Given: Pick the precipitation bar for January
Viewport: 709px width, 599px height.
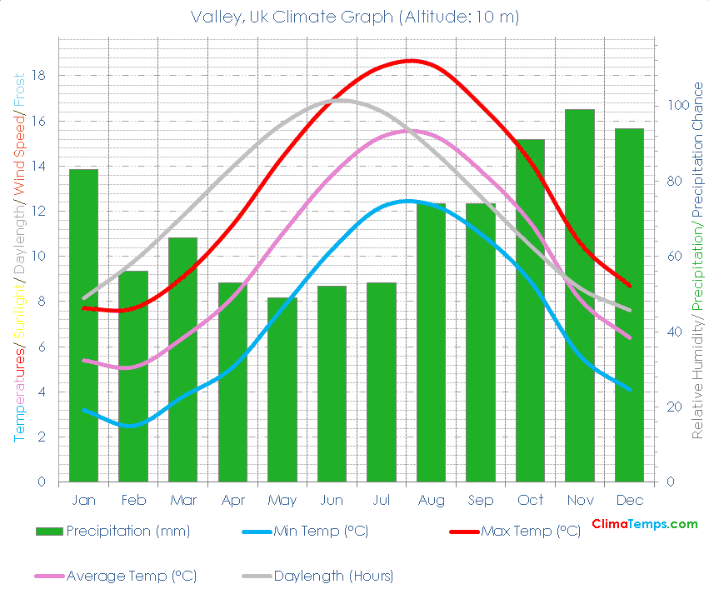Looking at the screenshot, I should coord(83,325).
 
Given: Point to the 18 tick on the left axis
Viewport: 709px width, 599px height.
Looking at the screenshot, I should coord(38,76).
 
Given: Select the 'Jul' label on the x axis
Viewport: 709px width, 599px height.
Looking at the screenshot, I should coord(381,500).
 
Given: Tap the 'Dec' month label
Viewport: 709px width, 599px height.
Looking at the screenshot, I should coord(629,500).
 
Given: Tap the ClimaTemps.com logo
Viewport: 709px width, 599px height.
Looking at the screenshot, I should coord(644,524).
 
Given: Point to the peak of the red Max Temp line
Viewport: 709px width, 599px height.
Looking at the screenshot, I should coord(410,61).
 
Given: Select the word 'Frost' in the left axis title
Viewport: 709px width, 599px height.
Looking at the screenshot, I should coord(19,91).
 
